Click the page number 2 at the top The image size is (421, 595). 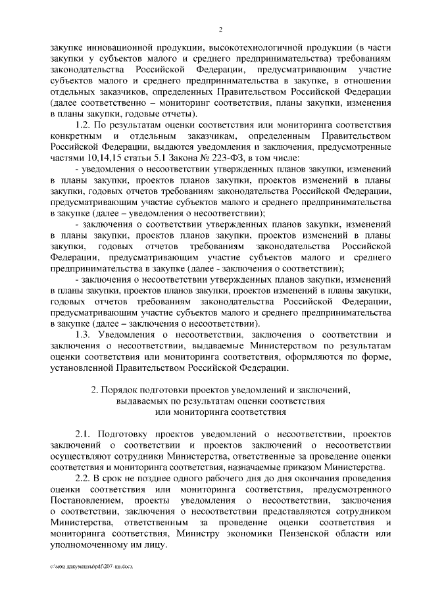(x=220, y=30)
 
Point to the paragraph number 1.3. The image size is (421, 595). (x=84, y=336)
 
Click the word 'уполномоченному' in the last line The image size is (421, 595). (x=90, y=546)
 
